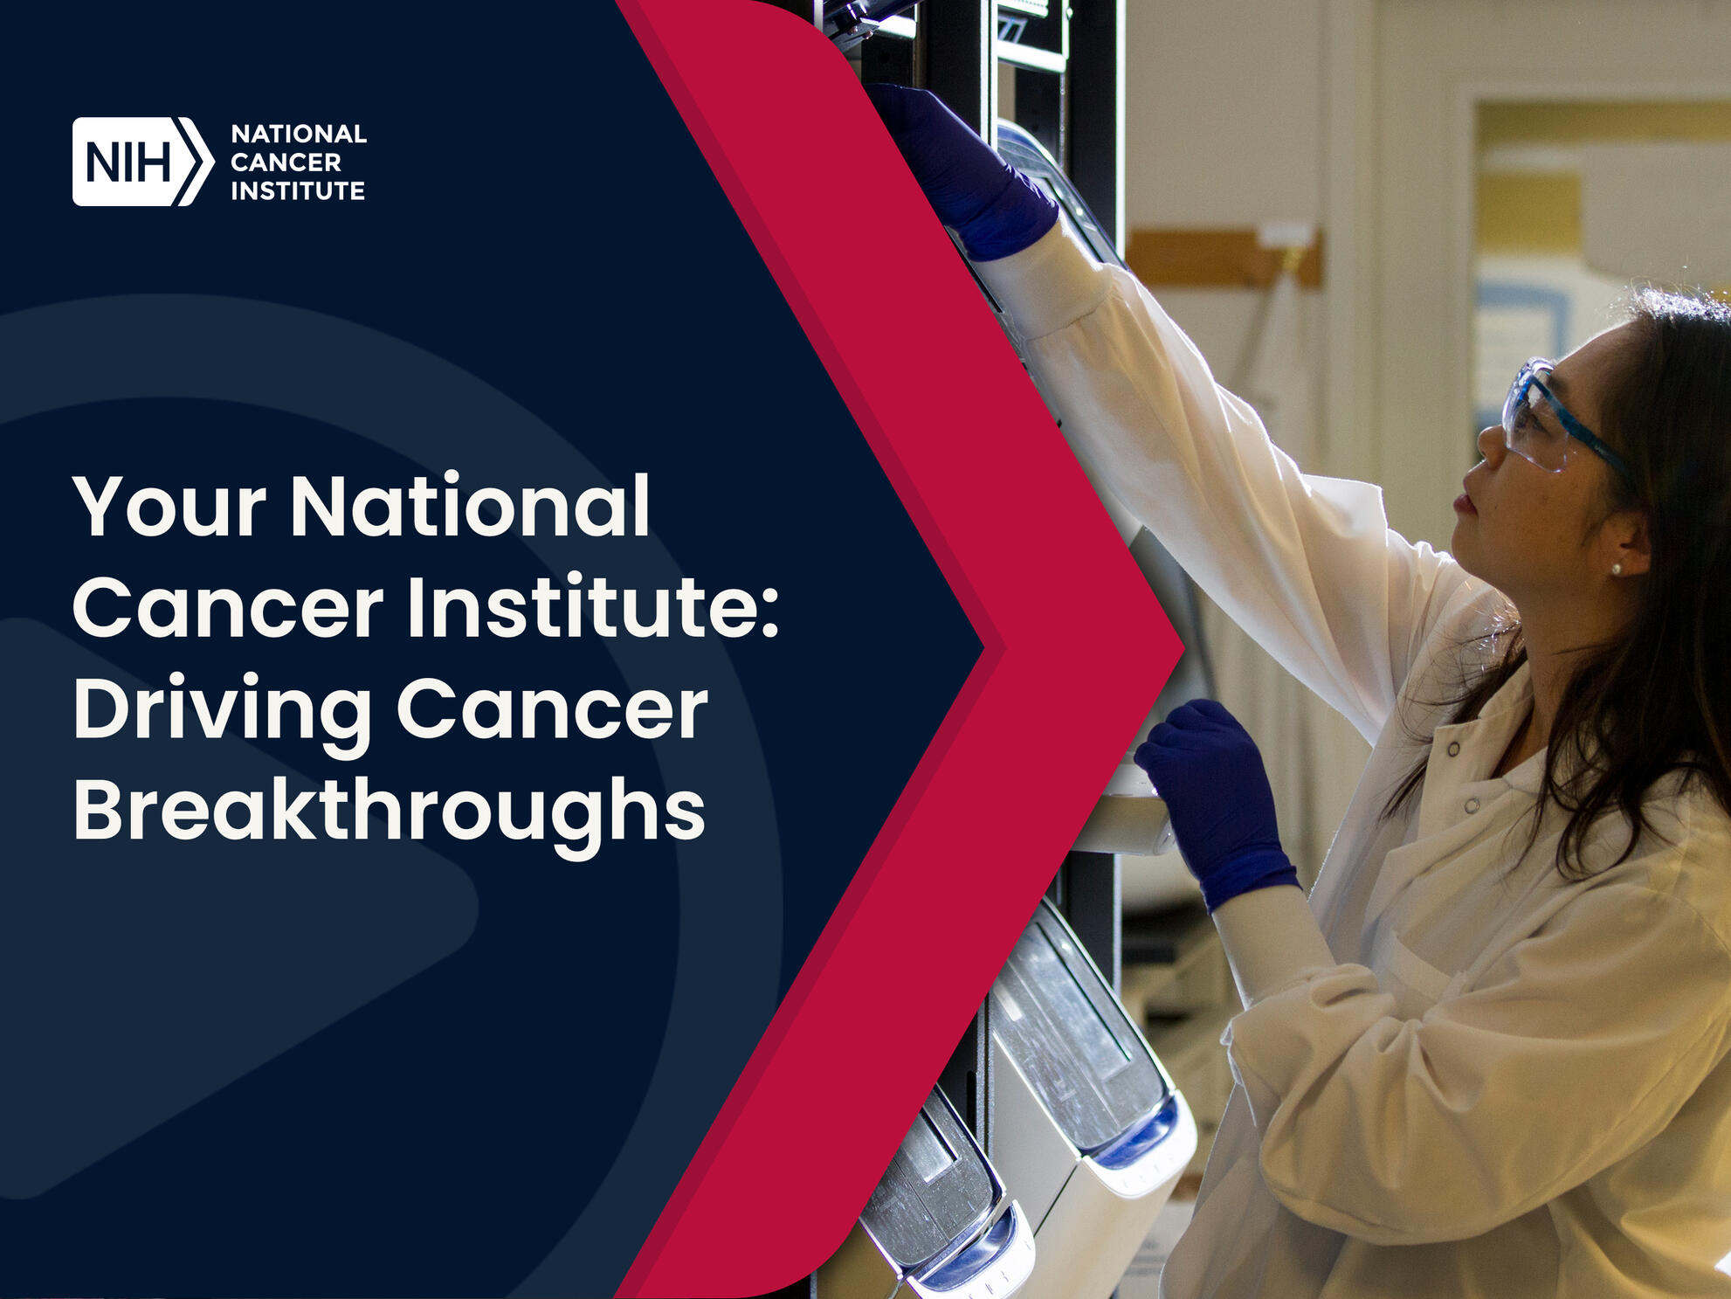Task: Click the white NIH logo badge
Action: pyautogui.click(x=142, y=162)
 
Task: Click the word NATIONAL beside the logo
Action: pyautogui.click(x=299, y=134)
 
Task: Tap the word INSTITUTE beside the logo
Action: pyautogui.click(x=298, y=190)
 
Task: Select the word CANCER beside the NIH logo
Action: pyautogui.click(x=286, y=162)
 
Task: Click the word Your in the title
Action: pyautogui.click(x=169, y=507)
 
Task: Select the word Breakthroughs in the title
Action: pyautogui.click(x=390, y=812)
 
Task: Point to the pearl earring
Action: pyautogui.click(x=1617, y=570)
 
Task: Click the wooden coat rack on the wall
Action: pyautogui.click(x=1224, y=257)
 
